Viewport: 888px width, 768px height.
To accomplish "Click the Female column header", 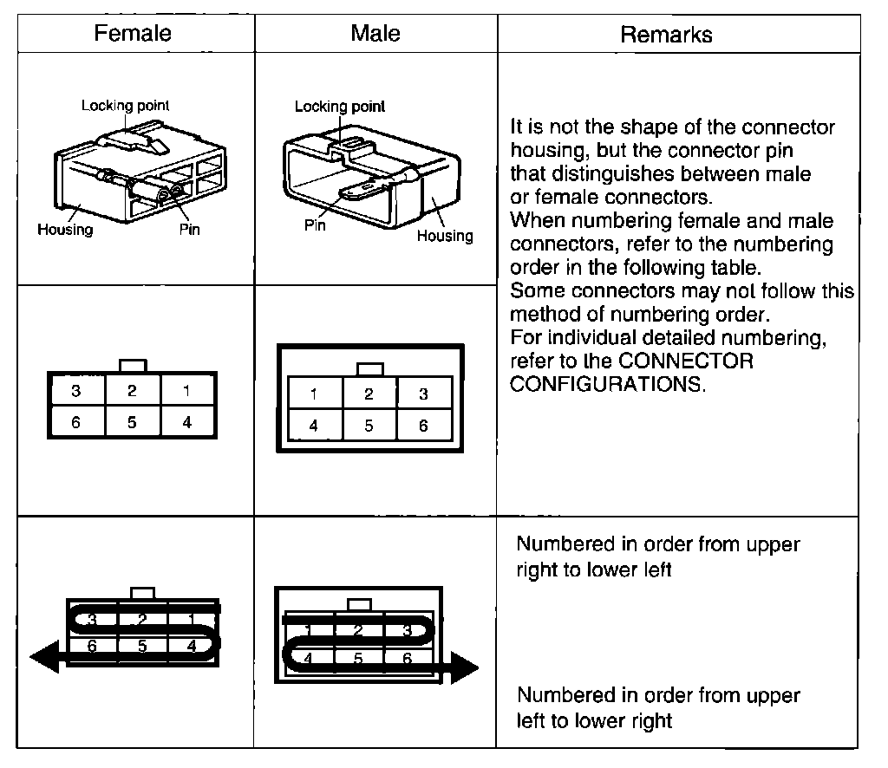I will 133,34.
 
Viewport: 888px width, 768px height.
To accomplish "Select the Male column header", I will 375,34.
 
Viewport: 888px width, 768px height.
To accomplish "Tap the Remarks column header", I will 666,35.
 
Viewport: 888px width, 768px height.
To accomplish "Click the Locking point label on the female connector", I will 126,106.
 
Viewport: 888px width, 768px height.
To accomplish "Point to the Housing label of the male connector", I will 445,236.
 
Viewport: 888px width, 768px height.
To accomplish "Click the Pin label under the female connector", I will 189,230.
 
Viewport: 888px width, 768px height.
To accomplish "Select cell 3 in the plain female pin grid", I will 76,391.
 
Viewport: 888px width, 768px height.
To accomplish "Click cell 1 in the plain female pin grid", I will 186,391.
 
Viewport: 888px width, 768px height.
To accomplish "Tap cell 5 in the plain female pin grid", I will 132,423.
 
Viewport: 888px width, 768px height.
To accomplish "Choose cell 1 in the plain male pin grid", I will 314,394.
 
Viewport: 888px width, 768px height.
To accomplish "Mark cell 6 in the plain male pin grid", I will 423,426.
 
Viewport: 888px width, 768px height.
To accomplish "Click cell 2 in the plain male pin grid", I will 369,394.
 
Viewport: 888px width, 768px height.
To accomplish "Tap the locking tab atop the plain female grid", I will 133,365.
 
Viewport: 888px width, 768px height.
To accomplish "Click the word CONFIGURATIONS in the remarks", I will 608,384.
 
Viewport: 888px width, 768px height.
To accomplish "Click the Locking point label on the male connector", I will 339,107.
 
